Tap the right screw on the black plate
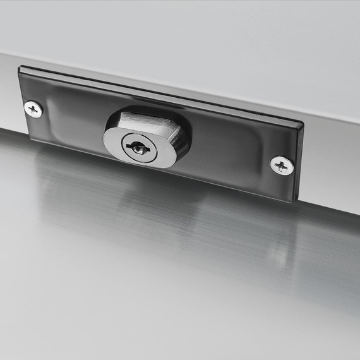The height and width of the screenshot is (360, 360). (282, 165)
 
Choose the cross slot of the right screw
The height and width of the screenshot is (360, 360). (282, 165)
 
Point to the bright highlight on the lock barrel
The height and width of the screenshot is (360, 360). (142, 121)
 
